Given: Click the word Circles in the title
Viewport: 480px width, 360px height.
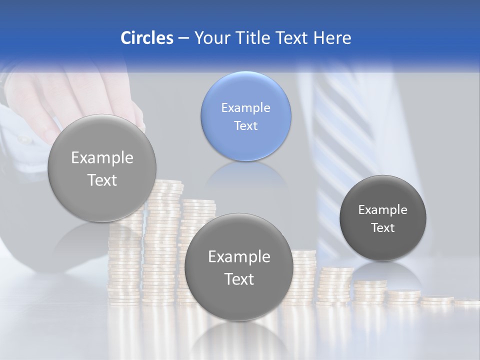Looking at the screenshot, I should click(x=146, y=38).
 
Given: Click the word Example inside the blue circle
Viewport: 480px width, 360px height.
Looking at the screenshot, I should click(x=245, y=107).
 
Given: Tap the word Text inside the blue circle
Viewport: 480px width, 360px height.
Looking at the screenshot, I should click(x=245, y=125).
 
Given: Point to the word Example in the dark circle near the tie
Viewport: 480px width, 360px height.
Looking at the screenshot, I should click(x=382, y=210).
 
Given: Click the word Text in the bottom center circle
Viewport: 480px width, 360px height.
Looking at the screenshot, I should click(x=238, y=279).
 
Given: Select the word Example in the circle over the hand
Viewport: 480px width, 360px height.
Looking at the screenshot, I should click(x=102, y=158).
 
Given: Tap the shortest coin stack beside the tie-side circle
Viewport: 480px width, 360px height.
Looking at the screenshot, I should click(x=467, y=302).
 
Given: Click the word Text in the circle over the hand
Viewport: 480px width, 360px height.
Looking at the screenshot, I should click(x=102, y=180).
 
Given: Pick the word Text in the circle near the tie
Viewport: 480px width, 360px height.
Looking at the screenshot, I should click(x=382, y=228).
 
